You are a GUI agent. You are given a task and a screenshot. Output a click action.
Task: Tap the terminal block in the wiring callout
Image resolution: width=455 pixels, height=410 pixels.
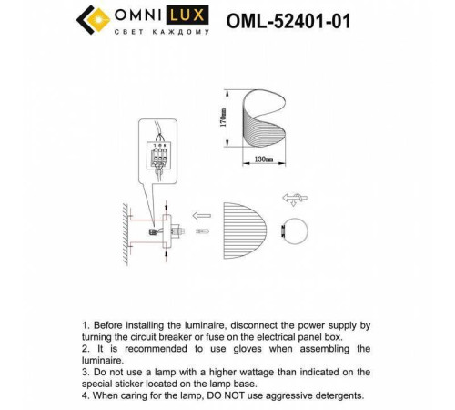point(160,151)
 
